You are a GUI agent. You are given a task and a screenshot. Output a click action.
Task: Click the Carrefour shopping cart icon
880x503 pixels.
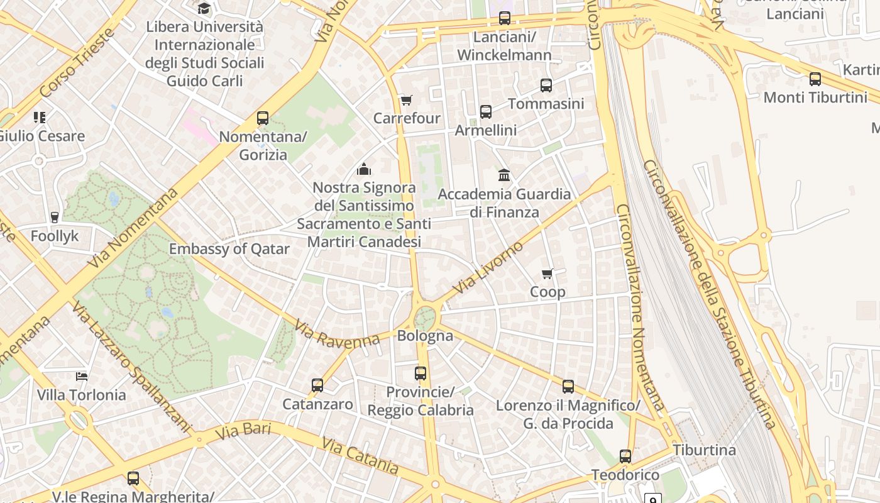pos(406,101)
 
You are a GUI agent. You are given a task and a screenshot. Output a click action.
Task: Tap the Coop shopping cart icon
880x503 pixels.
pos(547,274)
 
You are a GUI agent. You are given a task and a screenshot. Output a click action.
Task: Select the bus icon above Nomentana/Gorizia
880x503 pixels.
pos(263,118)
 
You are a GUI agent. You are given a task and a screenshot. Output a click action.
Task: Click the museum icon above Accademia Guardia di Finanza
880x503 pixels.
pos(503,175)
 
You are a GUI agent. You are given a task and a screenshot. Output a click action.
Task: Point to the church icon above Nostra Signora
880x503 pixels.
pos(363,169)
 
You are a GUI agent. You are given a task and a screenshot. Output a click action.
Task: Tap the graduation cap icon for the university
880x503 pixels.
pos(204,9)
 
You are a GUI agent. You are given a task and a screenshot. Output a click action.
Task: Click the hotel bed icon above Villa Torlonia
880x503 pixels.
pos(81,377)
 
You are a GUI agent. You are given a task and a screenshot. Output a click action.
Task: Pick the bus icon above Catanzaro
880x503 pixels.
pos(317,385)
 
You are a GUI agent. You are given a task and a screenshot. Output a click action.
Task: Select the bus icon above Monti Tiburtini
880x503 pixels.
pos(815,79)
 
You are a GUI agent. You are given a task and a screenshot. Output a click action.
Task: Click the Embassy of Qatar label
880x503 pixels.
pos(229,249)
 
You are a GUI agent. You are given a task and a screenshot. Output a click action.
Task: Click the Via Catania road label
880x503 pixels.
pos(360,456)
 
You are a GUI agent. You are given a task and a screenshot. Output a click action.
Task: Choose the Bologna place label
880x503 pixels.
pos(425,336)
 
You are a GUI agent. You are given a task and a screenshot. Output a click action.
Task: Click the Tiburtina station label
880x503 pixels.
pos(704,450)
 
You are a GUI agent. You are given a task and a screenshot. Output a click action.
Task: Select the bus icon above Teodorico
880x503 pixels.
pos(625,456)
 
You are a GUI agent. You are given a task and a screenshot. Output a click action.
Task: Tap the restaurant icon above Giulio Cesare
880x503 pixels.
pos(40,118)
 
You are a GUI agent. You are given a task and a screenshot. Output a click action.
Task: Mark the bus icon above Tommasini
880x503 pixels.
pos(546,86)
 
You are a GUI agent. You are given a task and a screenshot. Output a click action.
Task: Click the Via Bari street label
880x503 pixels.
pos(243,432)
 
